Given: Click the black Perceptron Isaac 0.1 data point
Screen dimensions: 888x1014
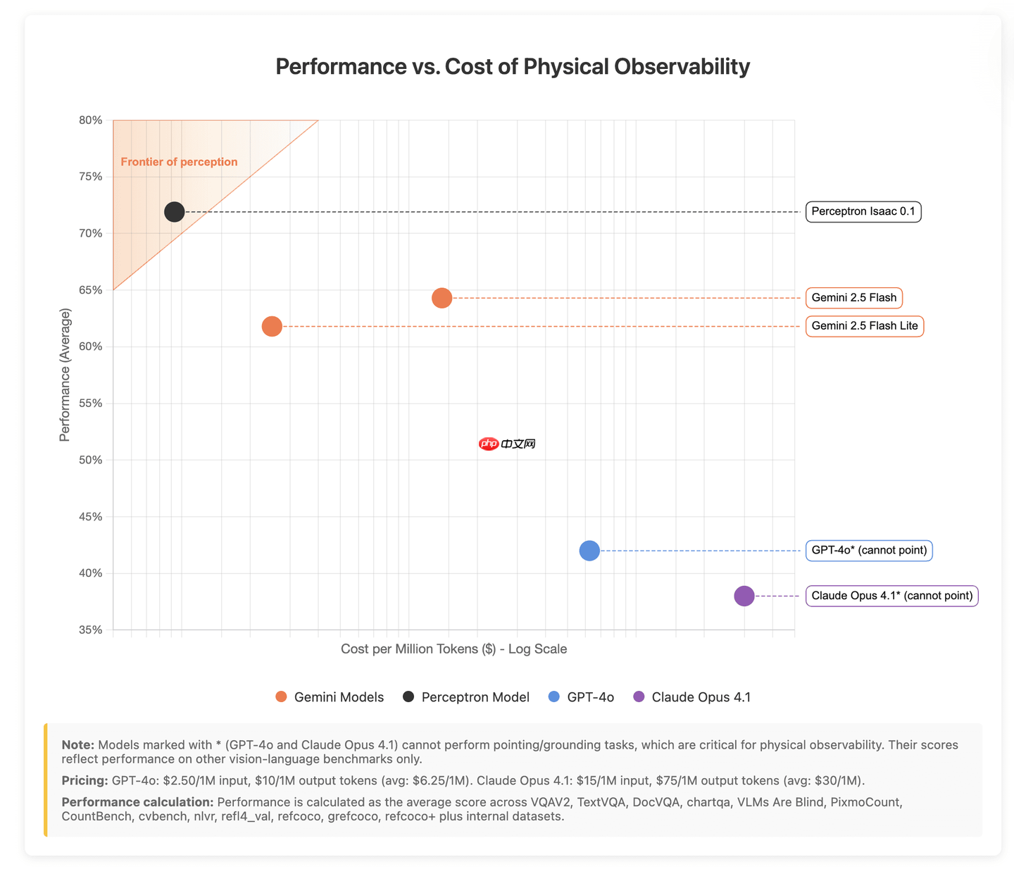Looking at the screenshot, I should [175, 211].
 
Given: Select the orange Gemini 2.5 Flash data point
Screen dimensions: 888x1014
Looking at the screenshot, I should [442, 298].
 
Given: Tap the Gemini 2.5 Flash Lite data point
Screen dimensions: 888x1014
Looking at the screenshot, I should [272, 326].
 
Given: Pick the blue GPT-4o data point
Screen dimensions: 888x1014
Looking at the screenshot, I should [589, 551].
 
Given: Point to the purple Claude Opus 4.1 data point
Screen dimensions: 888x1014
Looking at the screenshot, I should [744, 596].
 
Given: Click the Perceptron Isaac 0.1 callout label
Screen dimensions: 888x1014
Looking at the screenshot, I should [863, 211].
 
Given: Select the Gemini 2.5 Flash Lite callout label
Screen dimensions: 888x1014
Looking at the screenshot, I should [864, 326].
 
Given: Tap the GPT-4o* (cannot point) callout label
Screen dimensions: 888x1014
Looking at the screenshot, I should [869, 550].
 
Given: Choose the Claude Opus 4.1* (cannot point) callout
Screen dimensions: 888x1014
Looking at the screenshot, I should [891, 596].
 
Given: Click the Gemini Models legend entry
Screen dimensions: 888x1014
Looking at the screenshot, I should [330, 697].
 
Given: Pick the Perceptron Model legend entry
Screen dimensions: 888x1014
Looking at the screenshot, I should [466, 697].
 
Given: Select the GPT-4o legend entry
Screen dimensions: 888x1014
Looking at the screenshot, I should [582, 697].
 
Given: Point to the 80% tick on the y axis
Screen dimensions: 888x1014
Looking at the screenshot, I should [91, 120].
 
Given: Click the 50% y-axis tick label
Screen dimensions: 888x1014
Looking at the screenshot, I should [91, 460].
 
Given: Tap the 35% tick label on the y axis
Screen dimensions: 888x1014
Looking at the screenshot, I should [91, 630].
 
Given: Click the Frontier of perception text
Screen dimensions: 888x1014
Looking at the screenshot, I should [179, 162].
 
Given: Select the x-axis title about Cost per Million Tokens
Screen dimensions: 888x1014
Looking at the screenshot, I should [453, 649].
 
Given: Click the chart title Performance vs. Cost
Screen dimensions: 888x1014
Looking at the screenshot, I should [512, 66].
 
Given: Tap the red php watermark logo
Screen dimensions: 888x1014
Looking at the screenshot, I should [489, 444].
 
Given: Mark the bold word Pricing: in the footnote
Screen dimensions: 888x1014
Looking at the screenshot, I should [84, 780].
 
